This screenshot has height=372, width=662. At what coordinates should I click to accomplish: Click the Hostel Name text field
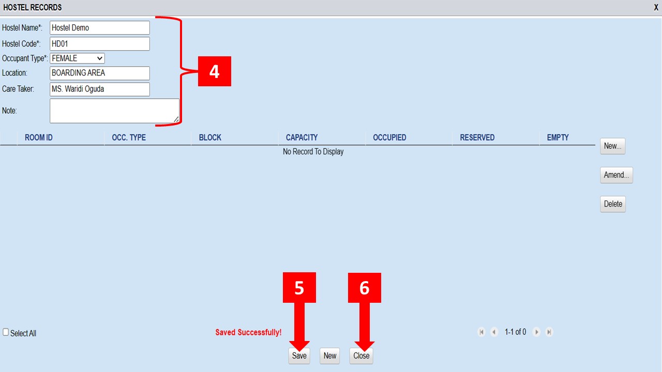click(x=100, y=28)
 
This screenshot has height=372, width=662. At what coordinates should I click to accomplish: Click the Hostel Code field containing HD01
click(x=100, y=44)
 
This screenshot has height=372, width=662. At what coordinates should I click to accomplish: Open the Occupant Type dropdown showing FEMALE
click(x=77, y=58)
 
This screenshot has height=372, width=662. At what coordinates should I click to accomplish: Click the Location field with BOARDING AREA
click(x=100, y=73)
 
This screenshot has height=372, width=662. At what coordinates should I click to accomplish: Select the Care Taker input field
click(x=100, y=89)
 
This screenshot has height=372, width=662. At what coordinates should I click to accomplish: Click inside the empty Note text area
click(x=114, y=111)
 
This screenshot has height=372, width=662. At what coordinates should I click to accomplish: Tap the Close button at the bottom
click(x=361, y=356)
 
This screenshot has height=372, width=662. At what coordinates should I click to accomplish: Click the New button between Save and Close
click(x=330, y=356)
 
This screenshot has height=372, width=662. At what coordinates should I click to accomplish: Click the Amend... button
click(x=616, y=175)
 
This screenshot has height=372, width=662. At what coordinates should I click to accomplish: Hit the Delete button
click(x=613, y=204)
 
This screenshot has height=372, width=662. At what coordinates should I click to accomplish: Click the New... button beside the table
click(x=613, y=146)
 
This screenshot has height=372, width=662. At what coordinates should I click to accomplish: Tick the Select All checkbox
click(x=6, y=332)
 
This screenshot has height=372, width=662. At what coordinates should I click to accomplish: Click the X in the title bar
click(x=656, y=7)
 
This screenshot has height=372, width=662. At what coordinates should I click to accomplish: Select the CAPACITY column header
click(x=302, y=137)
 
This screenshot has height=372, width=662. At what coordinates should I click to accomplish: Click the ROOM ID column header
click(x=39, y=137)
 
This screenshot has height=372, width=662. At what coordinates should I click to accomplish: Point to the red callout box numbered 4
click(x=215, y=71)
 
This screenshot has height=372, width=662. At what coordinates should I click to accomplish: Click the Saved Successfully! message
click(x=248, y=332)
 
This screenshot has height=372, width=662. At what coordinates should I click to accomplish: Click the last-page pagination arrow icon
click(x=549, y=332)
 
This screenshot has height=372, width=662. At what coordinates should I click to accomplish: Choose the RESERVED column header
click(x=477, y=137)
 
